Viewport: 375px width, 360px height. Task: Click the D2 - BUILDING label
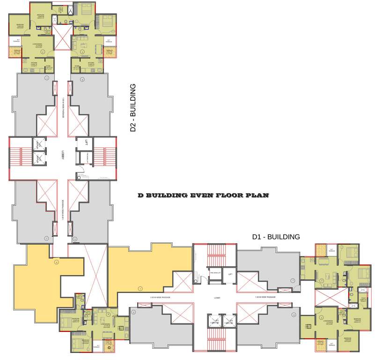[x=133, y=108]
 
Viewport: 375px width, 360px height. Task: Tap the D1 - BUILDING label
[x=276, y=237]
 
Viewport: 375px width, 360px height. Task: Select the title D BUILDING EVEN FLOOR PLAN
[x=203, y=195]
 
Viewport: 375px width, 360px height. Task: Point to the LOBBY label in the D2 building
[x=62, y=157]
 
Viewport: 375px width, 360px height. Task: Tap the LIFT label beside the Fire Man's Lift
[x=230, y=274]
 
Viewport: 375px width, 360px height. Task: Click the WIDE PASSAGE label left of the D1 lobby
[x=160, y=298]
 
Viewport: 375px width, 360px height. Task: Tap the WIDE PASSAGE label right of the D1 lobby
[x=265, y=298]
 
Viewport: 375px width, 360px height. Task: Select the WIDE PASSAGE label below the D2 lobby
[x=63, y=209]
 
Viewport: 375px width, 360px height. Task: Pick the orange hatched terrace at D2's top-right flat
[x=109, y=52]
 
